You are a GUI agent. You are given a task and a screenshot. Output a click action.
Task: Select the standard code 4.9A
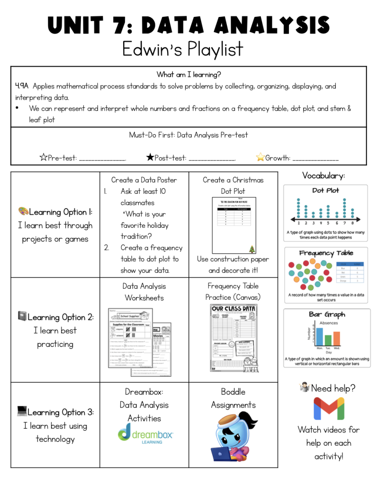click(22, 86)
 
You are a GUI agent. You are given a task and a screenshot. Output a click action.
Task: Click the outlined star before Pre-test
click(43, 158)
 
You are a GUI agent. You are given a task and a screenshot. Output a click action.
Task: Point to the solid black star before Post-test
click(150, 158)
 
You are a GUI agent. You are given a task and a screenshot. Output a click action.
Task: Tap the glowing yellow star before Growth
click(260, 158)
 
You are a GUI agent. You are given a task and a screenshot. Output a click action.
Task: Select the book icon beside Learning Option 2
click(22, 316)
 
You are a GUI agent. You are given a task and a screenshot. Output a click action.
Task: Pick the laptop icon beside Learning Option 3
click(22, 411)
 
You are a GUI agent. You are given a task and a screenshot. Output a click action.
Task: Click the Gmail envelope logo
click(328, 409)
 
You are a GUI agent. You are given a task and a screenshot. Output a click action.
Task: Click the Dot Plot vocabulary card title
click(325, 190)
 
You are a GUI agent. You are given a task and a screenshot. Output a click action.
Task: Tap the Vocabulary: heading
click(323, 175)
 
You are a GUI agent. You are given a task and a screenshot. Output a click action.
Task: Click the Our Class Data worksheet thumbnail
click(233, 338)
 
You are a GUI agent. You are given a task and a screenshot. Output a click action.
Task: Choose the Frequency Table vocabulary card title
click(326, 253)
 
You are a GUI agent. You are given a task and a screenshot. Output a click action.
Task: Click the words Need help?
click(333, 388)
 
